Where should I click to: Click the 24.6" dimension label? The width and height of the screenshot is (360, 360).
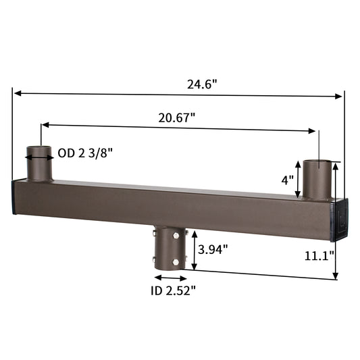[x=203, y=85]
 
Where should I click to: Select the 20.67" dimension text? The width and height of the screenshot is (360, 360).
[x=177, y=117]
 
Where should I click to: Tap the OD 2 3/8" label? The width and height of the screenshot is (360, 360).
[x=85, y=153]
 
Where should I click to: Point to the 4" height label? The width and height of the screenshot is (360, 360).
[x=286, y=180]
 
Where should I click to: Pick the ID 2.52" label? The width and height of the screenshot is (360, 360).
[x=173, y=291]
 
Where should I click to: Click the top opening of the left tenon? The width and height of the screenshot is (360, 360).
[x=39, y=147]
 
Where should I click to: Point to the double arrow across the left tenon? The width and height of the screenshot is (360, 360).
[x=39, y=156]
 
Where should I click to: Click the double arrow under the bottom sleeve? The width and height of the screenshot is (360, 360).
[x=169, y=277]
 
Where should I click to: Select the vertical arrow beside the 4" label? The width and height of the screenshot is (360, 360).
[x=298, y=180]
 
